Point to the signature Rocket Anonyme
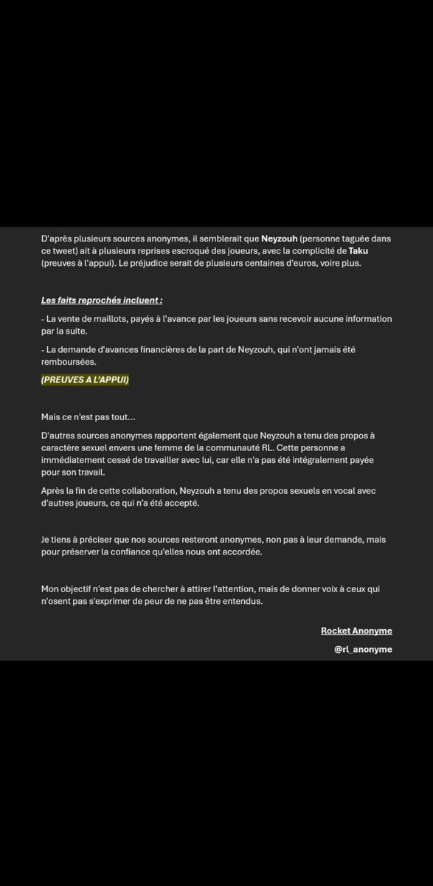(356, 631)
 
